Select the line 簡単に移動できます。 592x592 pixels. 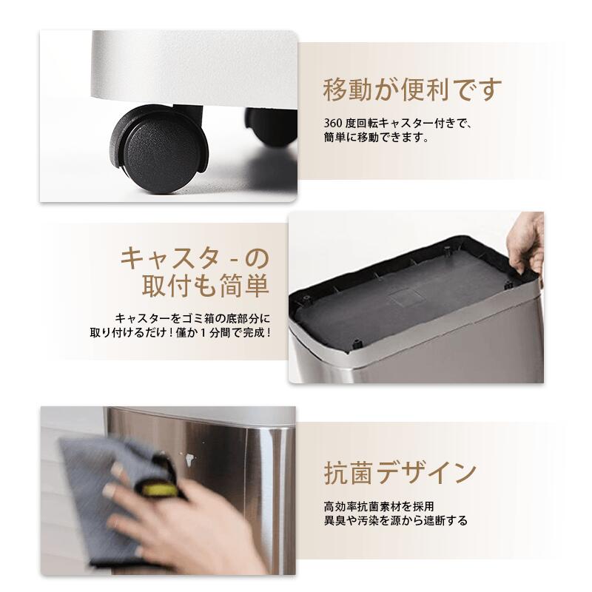click(376, 138)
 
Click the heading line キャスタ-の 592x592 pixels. click(195, 260)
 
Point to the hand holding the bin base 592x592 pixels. click(528, 240)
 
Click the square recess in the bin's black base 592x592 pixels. click(406, 294)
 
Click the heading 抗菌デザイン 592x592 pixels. click(400, 471)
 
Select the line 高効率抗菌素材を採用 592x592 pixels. click(378, 507)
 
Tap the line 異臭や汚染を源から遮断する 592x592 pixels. click(395, 521)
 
